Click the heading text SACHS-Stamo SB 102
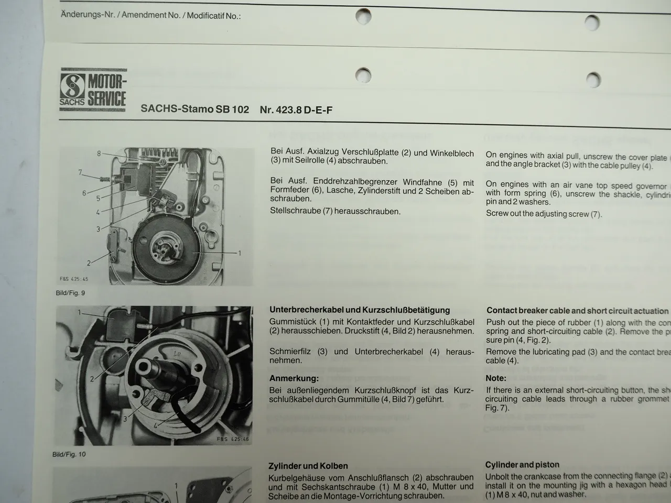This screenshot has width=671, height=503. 194,110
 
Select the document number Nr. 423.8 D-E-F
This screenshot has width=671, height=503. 296,110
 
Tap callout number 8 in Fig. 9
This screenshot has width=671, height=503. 99,154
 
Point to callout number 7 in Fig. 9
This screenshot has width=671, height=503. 80,172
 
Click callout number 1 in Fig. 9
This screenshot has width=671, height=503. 240,253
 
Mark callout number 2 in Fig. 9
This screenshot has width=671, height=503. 89,263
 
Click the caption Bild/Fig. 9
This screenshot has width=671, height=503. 70,293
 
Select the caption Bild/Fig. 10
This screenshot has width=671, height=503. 69,454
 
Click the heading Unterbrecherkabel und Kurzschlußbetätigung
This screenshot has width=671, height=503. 360,310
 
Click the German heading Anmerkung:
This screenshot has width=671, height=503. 294,378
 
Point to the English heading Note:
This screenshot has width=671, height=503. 496,378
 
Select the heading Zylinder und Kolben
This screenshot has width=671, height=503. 308,466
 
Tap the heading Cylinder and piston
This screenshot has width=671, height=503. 522,465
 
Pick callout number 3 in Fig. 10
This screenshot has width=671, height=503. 125,419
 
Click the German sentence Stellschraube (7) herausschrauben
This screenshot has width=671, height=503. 335,212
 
